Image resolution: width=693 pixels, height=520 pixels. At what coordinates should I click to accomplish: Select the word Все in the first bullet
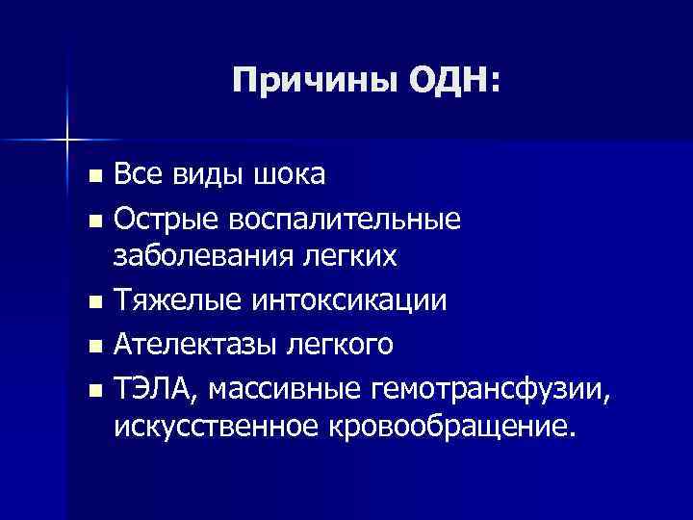(140, 174)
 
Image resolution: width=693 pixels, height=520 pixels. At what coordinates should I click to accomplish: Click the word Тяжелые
(179, 301)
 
